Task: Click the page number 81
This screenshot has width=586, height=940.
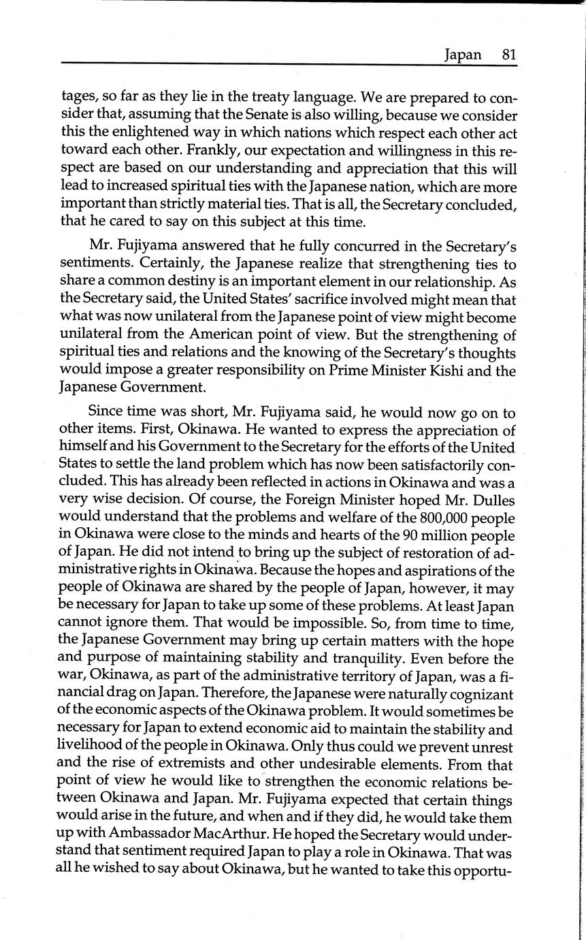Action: (509, 54)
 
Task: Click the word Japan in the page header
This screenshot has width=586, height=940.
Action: (463, 55)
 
